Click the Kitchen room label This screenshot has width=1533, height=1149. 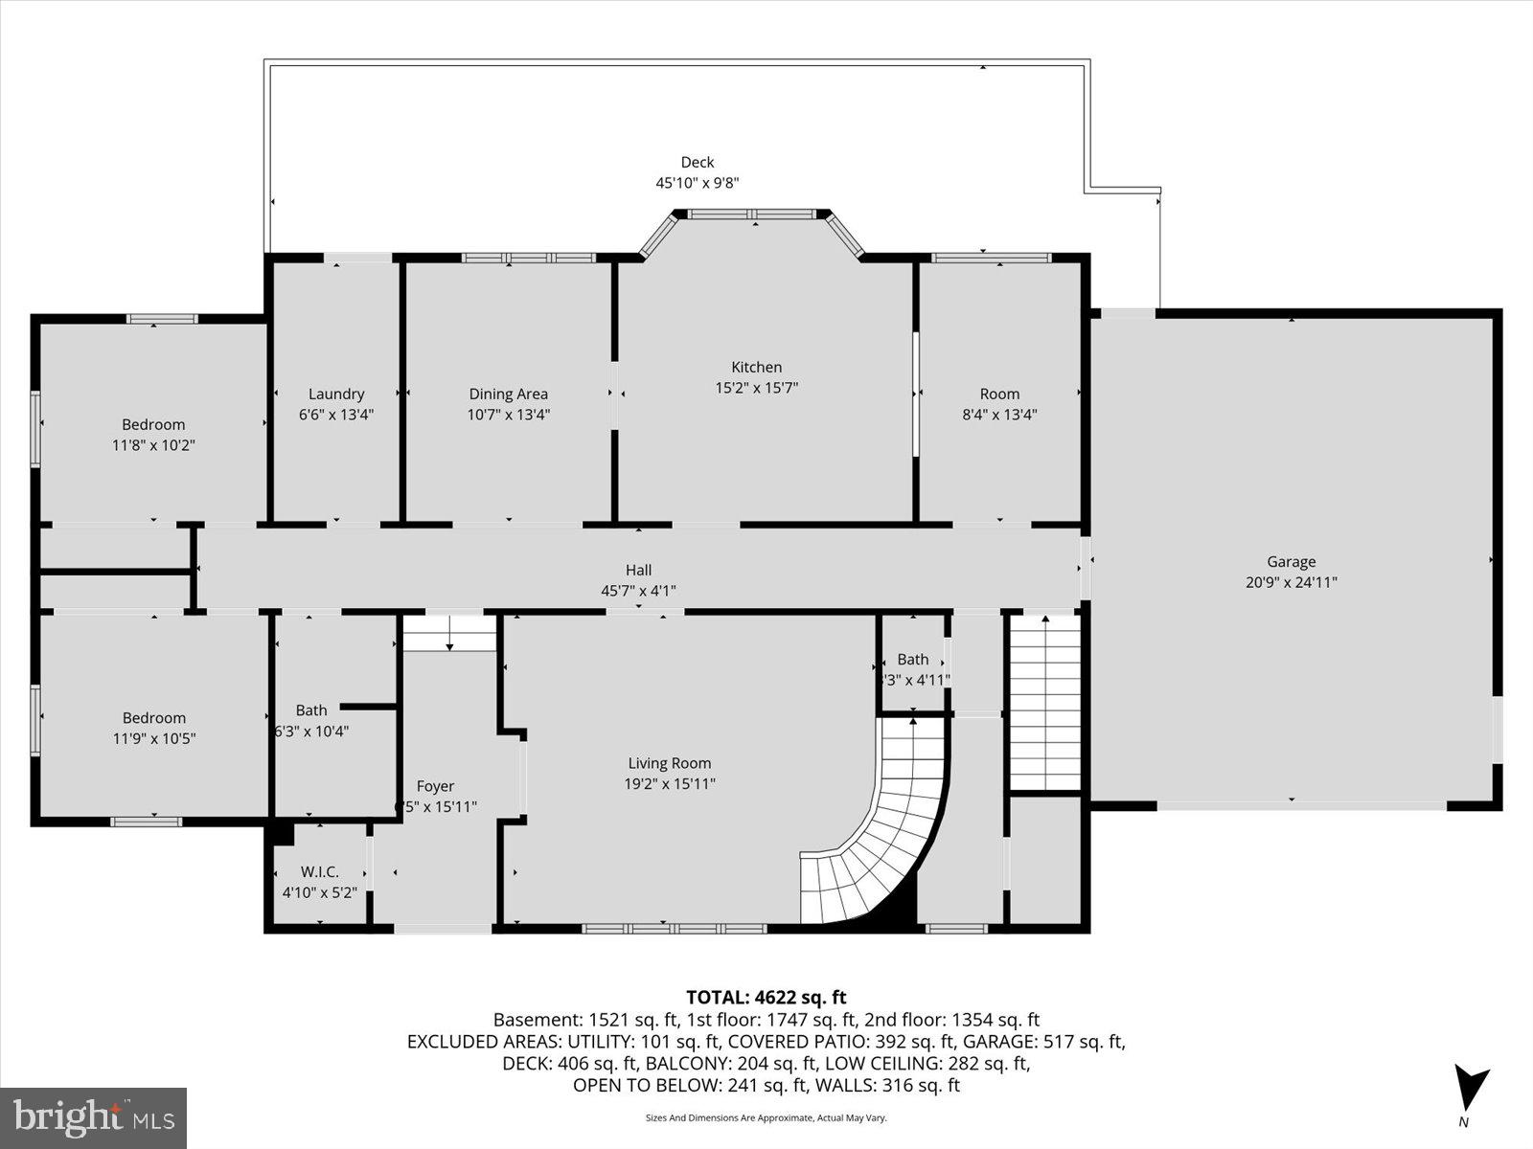[x=756, y=367]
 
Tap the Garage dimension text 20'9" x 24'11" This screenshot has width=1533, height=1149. [x=1291, y=582]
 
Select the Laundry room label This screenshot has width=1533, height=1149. [x=336, y=394]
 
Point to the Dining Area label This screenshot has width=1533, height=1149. [x=508, y=394]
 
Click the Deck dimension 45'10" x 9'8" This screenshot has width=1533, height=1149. [x=697, y=183]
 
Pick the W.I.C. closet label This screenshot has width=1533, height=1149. [x=319, y=872]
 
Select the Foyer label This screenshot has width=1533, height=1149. [x=435, y=786]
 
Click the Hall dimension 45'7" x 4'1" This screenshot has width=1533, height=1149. [x=638, y=591]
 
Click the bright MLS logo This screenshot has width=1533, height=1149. [x=93, y=1117]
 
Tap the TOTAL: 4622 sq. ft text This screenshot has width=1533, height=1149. [x=766, y=998]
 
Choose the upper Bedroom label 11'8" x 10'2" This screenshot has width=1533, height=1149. [x=153, y=424]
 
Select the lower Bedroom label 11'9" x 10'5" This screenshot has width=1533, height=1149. [x=153, y=718]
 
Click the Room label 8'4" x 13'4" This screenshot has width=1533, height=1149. [x=999, y=394]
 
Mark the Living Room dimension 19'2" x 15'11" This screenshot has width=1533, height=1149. [x=669, y=784]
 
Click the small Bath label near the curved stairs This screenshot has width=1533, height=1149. [x=912, y=659]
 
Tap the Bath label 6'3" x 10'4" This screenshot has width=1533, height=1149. [x=311, y=710]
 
